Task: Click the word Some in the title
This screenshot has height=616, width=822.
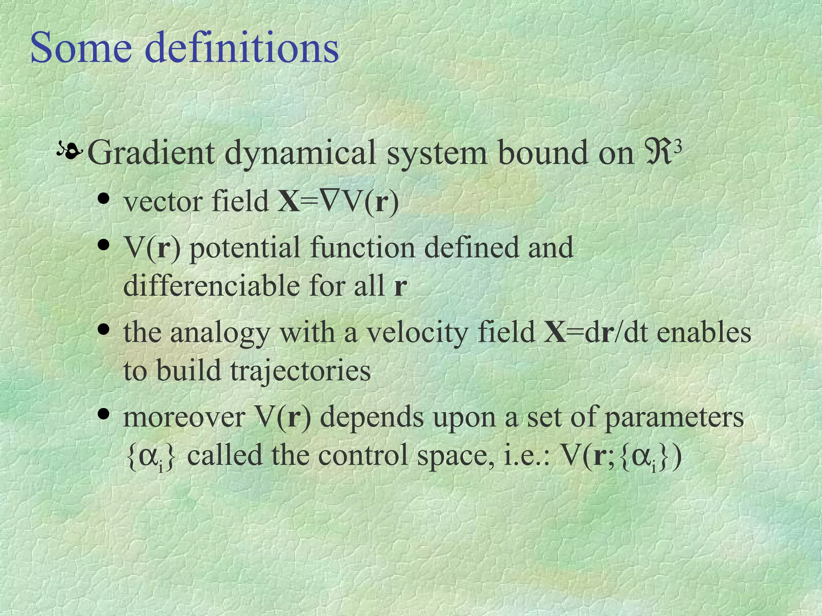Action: click(81, 48)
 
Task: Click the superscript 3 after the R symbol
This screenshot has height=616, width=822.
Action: click(678, 147)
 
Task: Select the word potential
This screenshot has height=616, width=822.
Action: click(244, 248)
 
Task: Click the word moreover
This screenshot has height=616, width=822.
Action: click(184, 418)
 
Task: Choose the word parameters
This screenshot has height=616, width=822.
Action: click(674, 419)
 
